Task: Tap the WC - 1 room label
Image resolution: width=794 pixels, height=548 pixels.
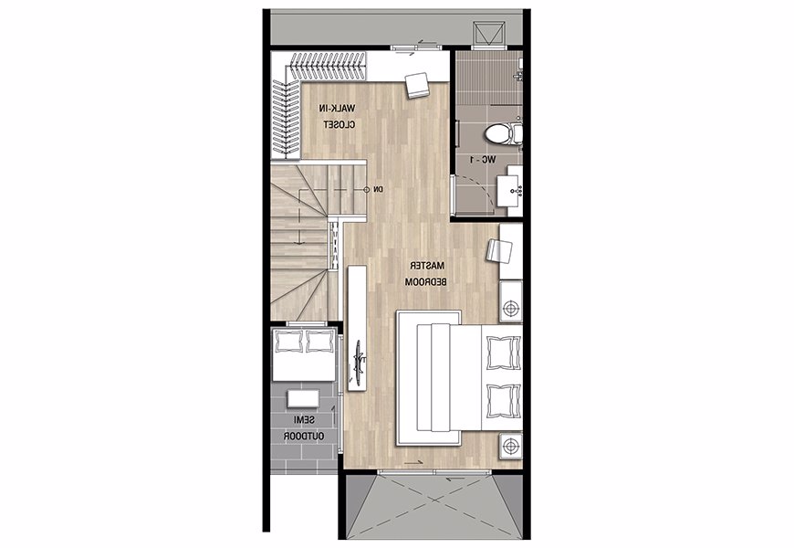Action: tap(483, 160)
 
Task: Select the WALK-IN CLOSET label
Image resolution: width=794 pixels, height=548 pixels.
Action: tap(338, 116)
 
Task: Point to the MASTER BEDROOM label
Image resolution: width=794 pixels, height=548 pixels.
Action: tap(426, 274)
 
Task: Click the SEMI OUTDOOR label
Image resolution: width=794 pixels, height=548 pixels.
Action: tap(304, 427)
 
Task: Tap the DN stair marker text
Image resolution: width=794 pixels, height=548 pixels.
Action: tap(378, 190)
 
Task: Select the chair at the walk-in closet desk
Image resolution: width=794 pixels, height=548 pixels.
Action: tap(417, 84)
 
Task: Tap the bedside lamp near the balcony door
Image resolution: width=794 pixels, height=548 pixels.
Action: tap(511, 447)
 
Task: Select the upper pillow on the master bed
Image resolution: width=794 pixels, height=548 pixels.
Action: tap(503, 353)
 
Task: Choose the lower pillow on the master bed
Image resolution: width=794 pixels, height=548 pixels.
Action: tap(503, 401)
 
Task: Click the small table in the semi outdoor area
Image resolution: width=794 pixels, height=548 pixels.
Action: tap(303, 398)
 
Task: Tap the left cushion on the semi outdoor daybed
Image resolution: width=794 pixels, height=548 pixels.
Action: tap(287, 342)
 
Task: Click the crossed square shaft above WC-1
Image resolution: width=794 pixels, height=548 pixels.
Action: tap(489, 35)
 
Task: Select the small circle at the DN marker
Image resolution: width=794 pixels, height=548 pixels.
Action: tap(367, 190)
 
